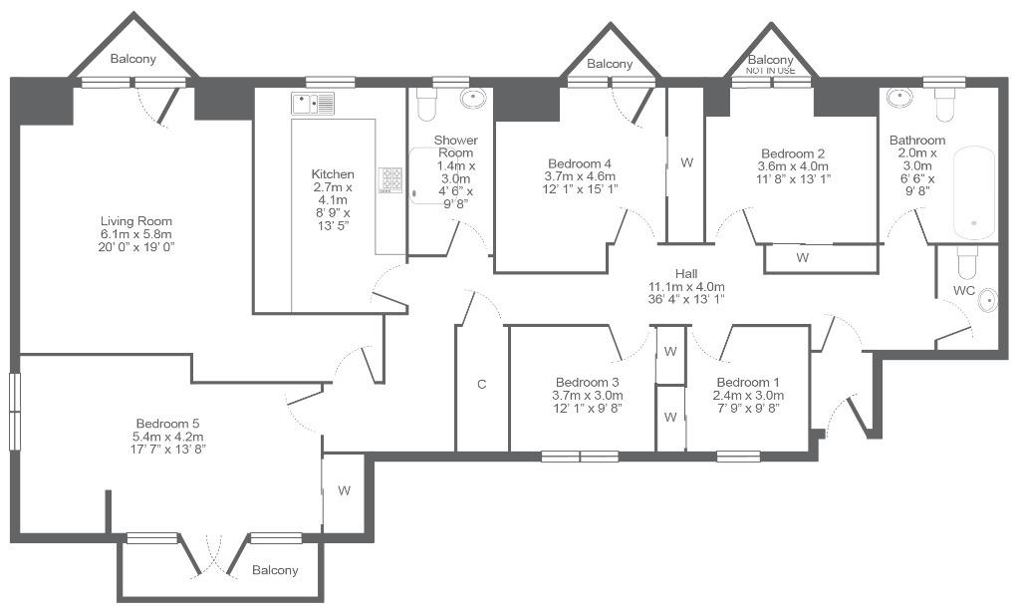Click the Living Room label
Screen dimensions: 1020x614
135,221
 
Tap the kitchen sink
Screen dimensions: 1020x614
313,104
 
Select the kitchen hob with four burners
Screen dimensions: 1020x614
390,180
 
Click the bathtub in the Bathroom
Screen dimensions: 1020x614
974,193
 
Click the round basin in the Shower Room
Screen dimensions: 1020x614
473,99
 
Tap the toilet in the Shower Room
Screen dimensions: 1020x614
426,105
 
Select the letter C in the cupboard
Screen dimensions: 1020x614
481,384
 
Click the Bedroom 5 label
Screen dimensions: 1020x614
167,424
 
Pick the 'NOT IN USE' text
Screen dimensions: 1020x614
770,71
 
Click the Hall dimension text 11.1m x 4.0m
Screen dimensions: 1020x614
686,286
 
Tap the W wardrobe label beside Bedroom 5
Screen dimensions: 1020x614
344,490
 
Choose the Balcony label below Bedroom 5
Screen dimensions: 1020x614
275,570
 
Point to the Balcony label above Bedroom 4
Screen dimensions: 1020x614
610,64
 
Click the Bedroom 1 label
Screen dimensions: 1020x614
748,382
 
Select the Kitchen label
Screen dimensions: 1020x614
333,174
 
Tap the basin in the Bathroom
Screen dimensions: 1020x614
899,98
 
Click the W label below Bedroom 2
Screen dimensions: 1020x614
803,258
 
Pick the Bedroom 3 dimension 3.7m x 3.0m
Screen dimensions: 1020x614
588,396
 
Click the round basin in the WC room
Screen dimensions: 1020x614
987,300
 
